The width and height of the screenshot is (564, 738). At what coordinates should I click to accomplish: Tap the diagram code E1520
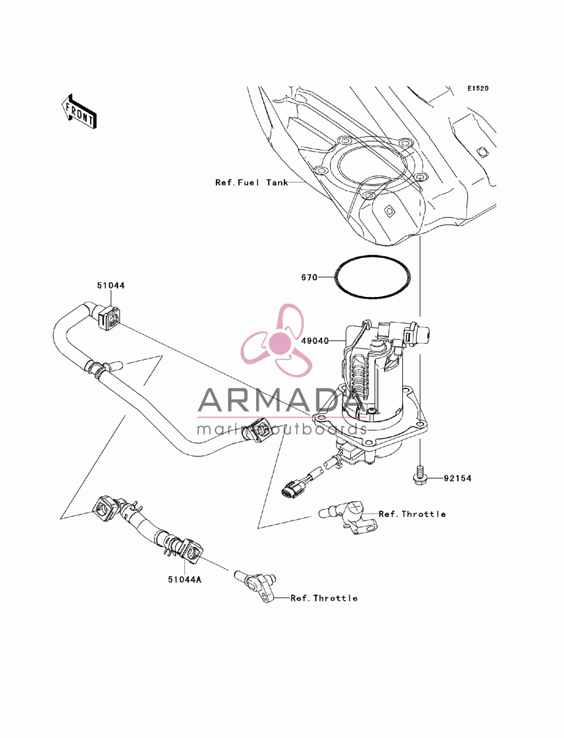478,89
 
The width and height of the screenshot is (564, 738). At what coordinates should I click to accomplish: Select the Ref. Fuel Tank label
252,183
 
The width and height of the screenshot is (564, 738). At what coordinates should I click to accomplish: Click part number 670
309,277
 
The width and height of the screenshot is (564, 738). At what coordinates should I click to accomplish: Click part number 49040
315,341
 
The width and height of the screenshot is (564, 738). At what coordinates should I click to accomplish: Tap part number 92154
457,478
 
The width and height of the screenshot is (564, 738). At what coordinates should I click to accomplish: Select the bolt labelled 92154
419,476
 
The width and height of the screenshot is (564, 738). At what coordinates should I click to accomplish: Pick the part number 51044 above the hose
111,285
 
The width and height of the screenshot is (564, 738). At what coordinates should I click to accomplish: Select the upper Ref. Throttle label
412,514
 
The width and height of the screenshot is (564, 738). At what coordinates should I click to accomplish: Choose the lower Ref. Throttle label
324,598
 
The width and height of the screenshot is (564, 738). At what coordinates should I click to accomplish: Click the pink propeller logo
276,341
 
